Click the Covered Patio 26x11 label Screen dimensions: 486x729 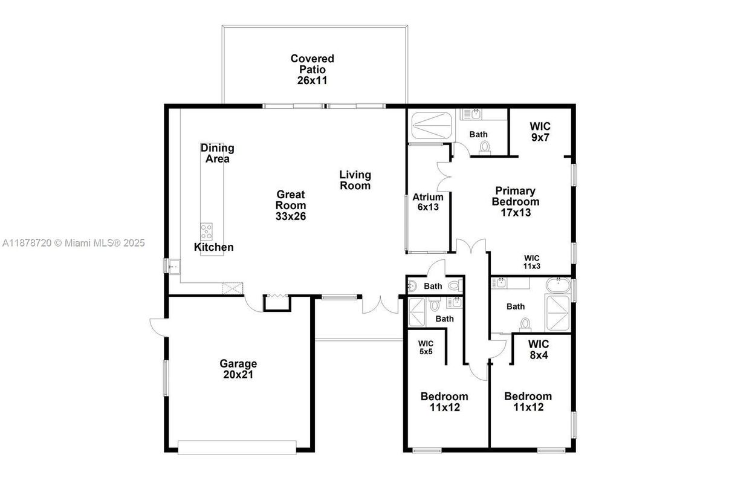coord(312,69)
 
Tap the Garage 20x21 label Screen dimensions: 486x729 coord(238,369)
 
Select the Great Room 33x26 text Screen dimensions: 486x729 coord(291,205)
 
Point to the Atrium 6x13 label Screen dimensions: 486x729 coord(428,202)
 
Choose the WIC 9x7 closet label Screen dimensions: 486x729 coord(540,132)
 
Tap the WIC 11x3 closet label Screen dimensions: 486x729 coord(531,262)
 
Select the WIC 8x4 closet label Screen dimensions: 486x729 coord(538,350)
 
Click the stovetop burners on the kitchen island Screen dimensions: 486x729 coord(206,230)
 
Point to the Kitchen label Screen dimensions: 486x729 coord(213,247)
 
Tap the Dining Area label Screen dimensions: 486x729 coord(217,153)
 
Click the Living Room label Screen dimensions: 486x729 coord(355,180)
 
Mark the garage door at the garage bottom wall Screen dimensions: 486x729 coord(237,447)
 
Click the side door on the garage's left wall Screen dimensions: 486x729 coord(158,327)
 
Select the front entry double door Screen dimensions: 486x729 coord(381,304)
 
